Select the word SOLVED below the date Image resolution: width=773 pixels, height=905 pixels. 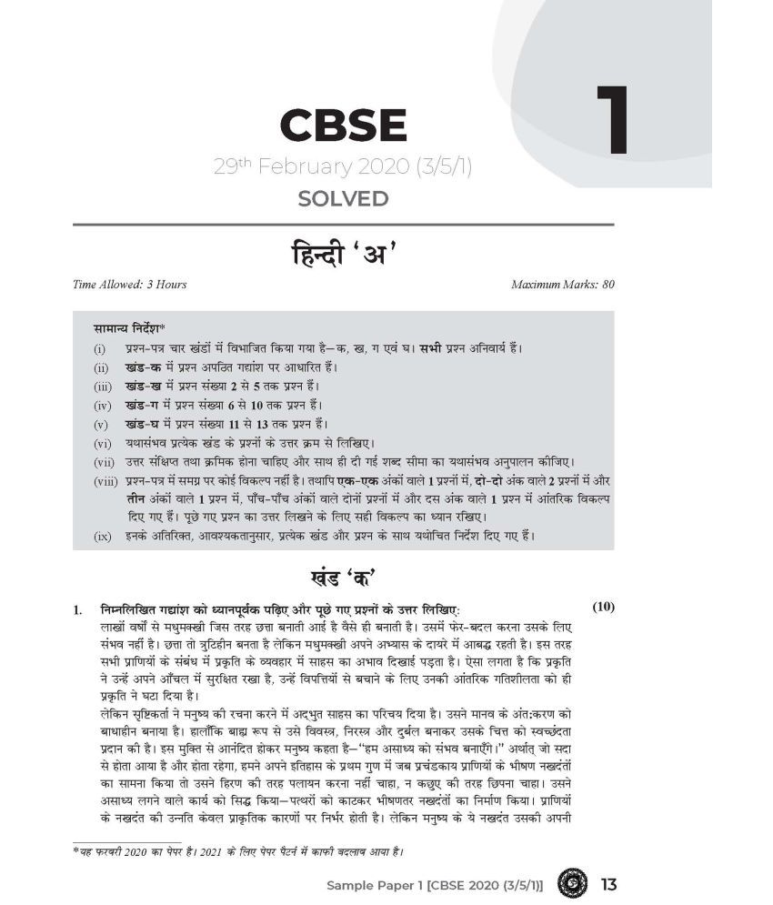coord(342,198)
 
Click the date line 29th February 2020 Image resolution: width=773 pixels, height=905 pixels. coord(342,167)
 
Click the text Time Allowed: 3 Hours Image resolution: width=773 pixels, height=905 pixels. coord(129,285)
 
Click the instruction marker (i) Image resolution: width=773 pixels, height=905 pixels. coord(98,349)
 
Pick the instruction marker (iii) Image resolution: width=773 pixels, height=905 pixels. coord(100,387)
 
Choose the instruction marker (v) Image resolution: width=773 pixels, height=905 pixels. coord(100,425)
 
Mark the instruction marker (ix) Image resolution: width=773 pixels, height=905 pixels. coord(102,537)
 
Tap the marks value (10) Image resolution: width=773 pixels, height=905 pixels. coord(605,607)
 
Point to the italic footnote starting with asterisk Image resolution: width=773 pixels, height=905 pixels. coord(238,852)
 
